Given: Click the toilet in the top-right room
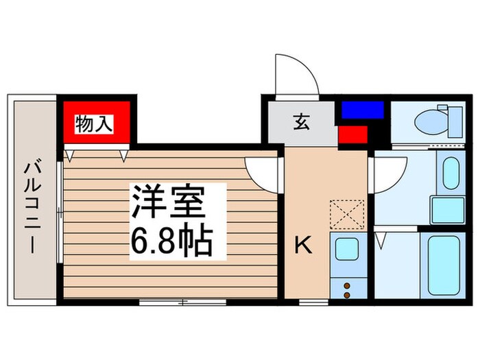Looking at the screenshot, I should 432,123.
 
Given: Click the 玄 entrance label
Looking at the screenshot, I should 300,123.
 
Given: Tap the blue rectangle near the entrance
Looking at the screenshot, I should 363,109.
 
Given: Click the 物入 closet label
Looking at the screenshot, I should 94,124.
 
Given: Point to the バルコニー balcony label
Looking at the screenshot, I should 32,205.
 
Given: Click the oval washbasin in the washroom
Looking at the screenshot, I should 450,173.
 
